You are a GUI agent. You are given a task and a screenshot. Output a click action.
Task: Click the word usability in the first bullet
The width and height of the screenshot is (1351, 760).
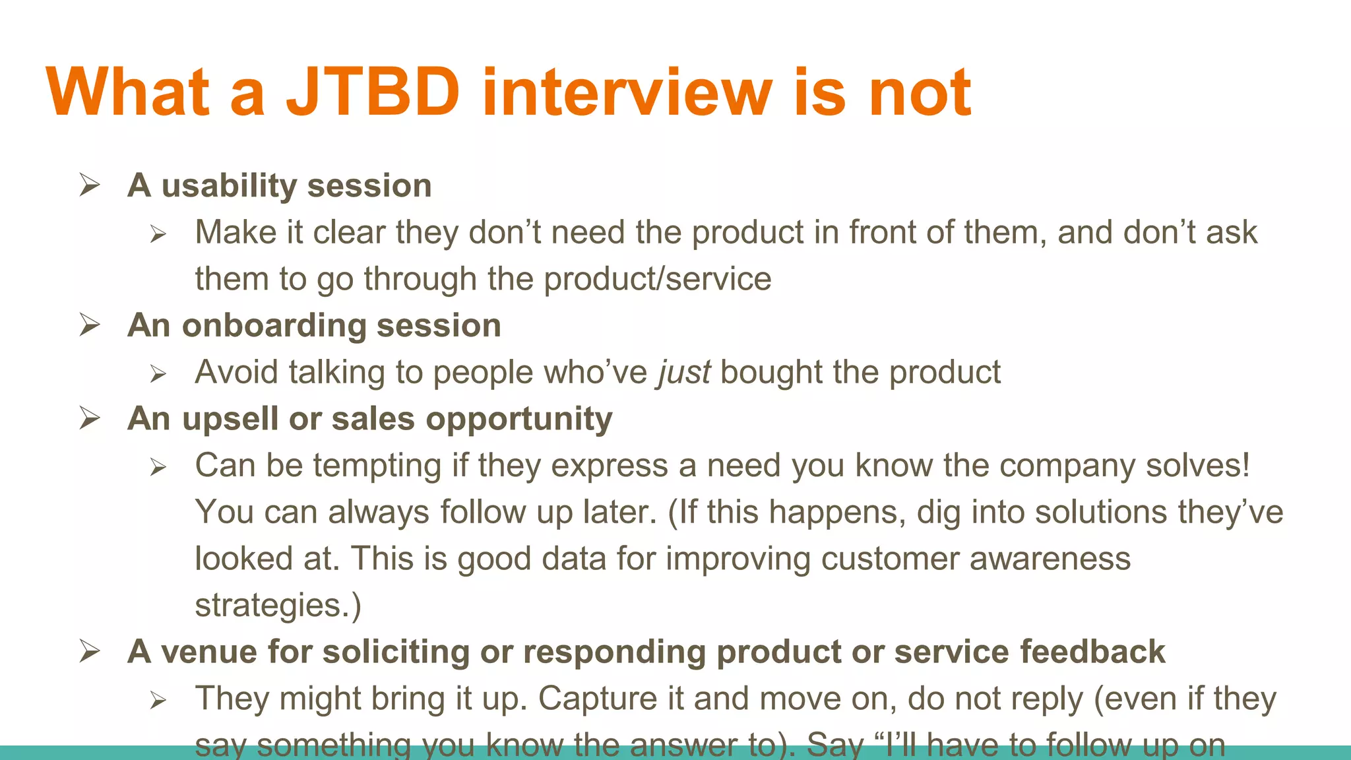pyautogui.click(x=229, y=185)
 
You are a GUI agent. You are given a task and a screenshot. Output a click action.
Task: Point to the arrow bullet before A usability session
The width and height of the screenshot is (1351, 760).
pyautogui.click(x=89, y=185)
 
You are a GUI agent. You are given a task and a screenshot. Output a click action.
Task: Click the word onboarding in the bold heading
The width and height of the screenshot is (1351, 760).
pyautogui.click(x=273, y=325)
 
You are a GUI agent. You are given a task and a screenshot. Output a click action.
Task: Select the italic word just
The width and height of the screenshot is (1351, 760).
pyautogui.click(x=683, y=373)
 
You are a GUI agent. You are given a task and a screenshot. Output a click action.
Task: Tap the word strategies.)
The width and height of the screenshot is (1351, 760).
pyautogui.click(x=278, y=606)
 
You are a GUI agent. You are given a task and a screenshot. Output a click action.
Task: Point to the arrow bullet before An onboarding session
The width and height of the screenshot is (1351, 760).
pyautogui.click(x=89, y=325)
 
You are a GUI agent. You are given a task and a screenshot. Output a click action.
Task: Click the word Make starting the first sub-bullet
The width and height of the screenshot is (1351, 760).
pyautogui.click(x=236, y=233)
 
